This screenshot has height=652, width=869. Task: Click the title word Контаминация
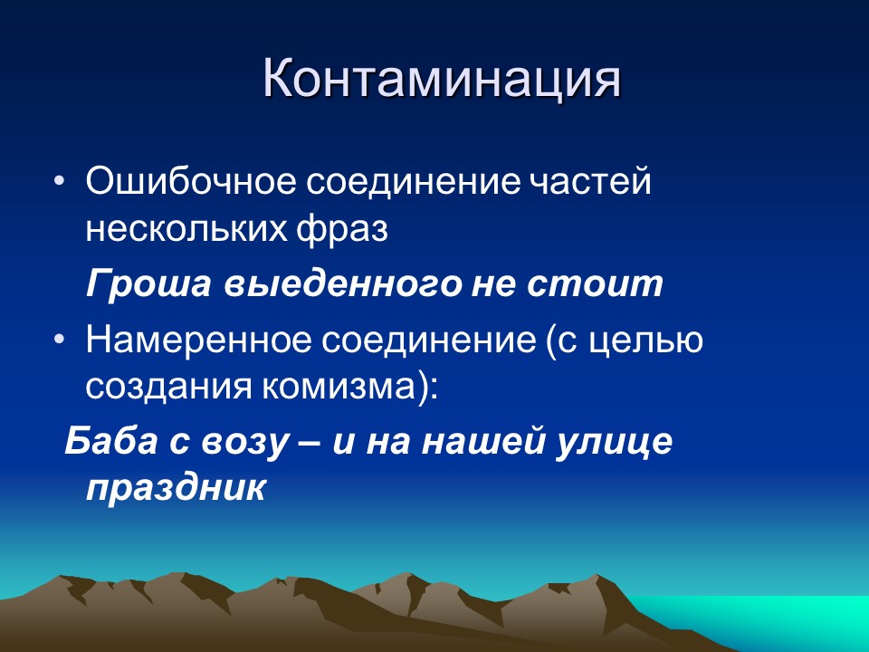[x=442, y=80]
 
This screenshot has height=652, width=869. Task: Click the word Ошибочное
[x=191, y=182]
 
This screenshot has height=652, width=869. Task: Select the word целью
[x=646, y=341]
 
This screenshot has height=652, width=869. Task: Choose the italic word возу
[x=244, y=443]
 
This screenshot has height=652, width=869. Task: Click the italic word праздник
[x=176, y=490]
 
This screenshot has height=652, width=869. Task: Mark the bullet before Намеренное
[x=60, y=340]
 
